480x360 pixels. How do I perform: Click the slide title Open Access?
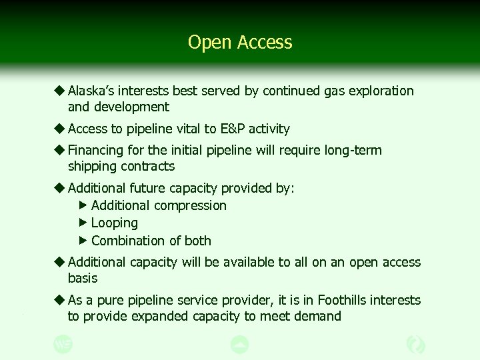pyautogui.click(x=240, y=42)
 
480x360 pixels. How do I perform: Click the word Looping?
pyautogui.click(x=115, y=223)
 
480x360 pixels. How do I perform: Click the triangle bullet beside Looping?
pyautogui.click(x=83, y=223)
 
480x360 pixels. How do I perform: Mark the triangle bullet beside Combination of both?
pyautogui.click(x=83, y=240)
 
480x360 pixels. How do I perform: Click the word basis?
pyautogui.click(x=83, y=278)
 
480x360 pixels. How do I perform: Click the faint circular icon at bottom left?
pyautogui.click(x=63, y=344)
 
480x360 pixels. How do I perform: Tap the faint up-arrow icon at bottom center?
pyautogui.click(x=239, y=344)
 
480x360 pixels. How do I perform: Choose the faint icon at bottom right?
pyautogui.click(x=416, y=344)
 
